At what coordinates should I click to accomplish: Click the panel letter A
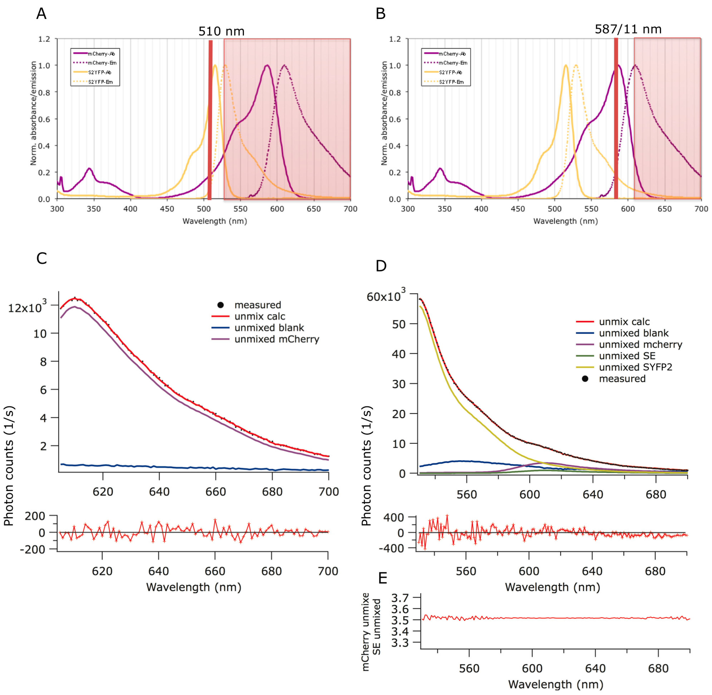tap(41, 14)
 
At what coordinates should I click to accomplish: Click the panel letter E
tap(382, 578)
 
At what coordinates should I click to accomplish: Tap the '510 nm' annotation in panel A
tap(221, 31)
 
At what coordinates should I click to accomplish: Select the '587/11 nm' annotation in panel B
tap(628, 29)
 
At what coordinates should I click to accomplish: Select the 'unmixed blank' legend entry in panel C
tap(269, 328)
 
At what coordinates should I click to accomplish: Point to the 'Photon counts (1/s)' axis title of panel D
tap(366, 465)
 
